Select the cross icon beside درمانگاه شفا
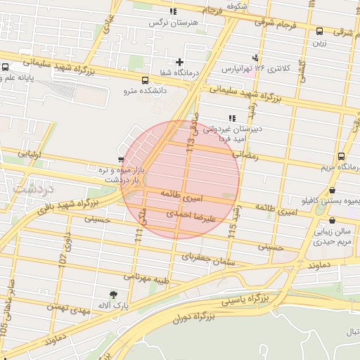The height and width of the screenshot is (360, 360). click(x=181, y=63)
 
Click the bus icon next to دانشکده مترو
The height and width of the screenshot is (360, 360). click(x=145, y=80)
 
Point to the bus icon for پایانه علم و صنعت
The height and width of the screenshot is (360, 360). click(x=6, y=68)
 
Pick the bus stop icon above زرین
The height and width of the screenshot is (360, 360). click(x=319, y=31)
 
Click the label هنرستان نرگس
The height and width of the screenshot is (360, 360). click(x=173, y=22)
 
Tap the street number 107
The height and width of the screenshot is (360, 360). click(x=63, y=258)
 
